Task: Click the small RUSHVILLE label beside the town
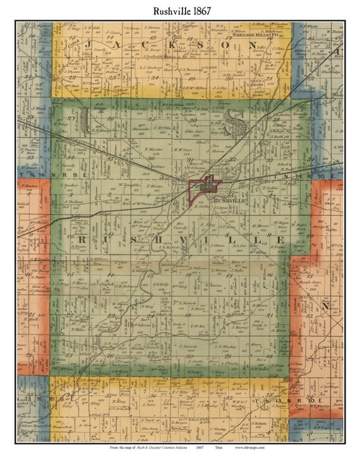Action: (x=229, y=200)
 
